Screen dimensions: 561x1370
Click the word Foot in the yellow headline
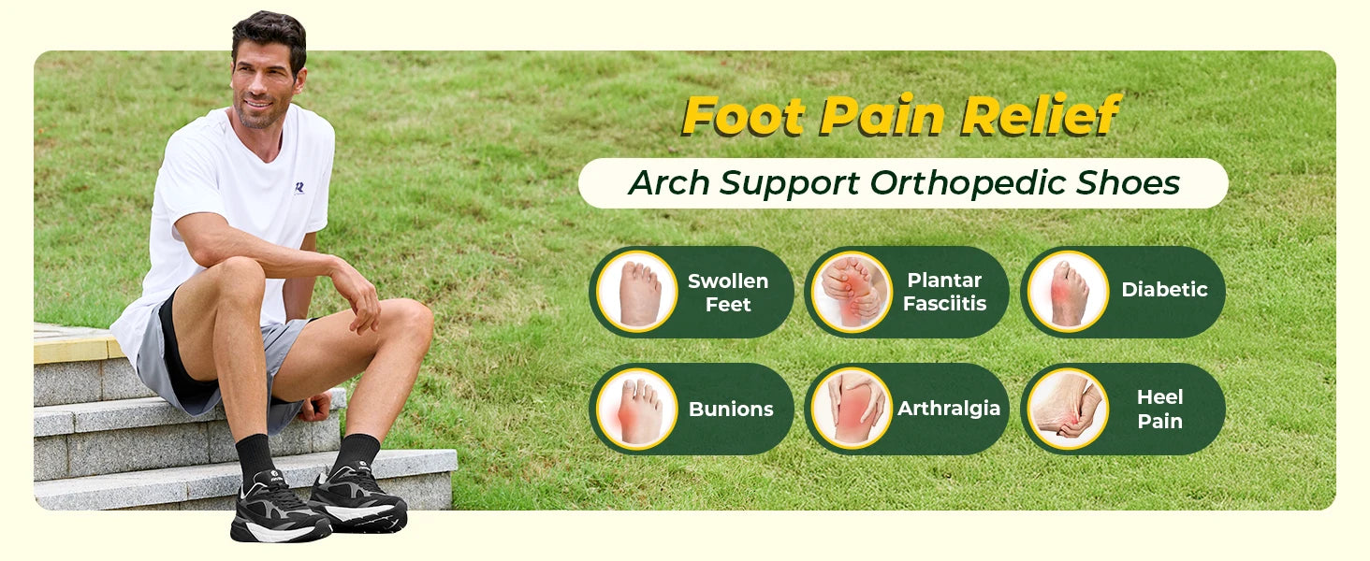pyautogui.click(x=743, y=116)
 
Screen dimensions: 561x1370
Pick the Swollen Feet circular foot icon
pyautogui.click(x=637, y=292)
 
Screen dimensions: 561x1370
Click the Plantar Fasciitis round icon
pyautogui.click(x=852, y=292)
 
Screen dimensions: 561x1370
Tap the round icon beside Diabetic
pyautogui.click(x=1068, y=292)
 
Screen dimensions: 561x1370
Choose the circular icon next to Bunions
pyautogui.click(x=637, y=409)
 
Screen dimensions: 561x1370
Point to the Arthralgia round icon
pyautogui.click(x=852, y=409)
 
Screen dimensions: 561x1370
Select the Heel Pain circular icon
pyautogui.click(x=1068, y=409)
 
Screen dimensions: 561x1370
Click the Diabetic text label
pyautogui.click(x=1164, y=290)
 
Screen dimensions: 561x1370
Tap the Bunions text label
pyautogui.click(x=731, y=410)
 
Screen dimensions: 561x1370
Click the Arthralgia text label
pyautogui.click(x=949, y=409)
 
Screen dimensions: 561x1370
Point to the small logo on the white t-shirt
pyautogui.click(x=299, y=187)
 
